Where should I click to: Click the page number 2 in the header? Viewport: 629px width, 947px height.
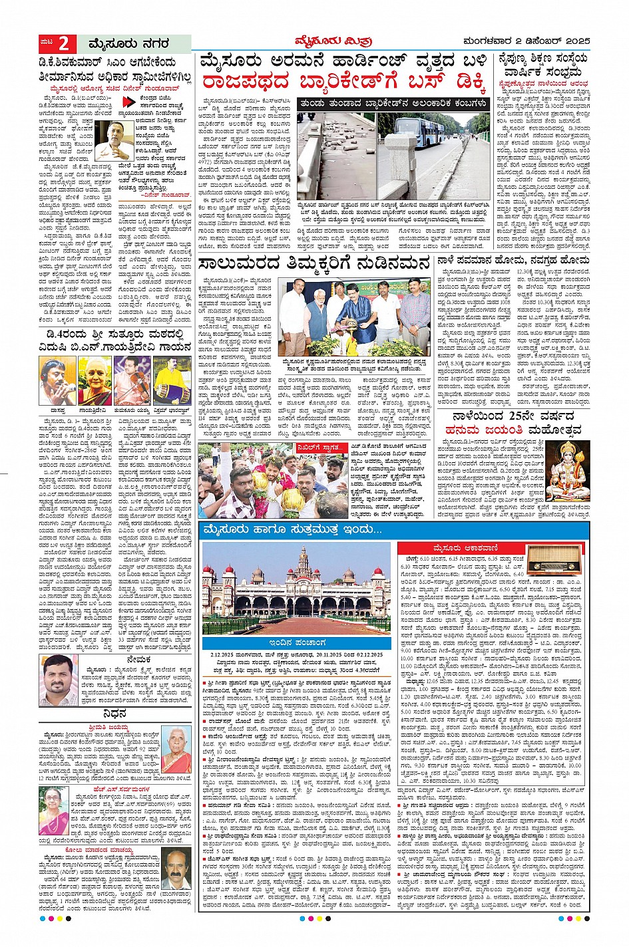click(64, 44)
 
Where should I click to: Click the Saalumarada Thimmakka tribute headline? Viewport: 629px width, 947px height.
click(312, 265)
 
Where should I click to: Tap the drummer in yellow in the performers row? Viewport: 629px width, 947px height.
click(171, 380)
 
